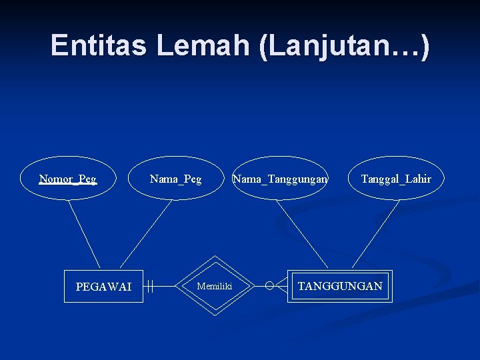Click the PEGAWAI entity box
pos(103,287)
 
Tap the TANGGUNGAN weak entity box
pos(340,286)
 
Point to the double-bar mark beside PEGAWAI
pos(151,287)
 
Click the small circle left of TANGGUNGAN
pos(269,286)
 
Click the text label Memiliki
pos(215,287)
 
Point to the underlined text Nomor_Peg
pos(68,179)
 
